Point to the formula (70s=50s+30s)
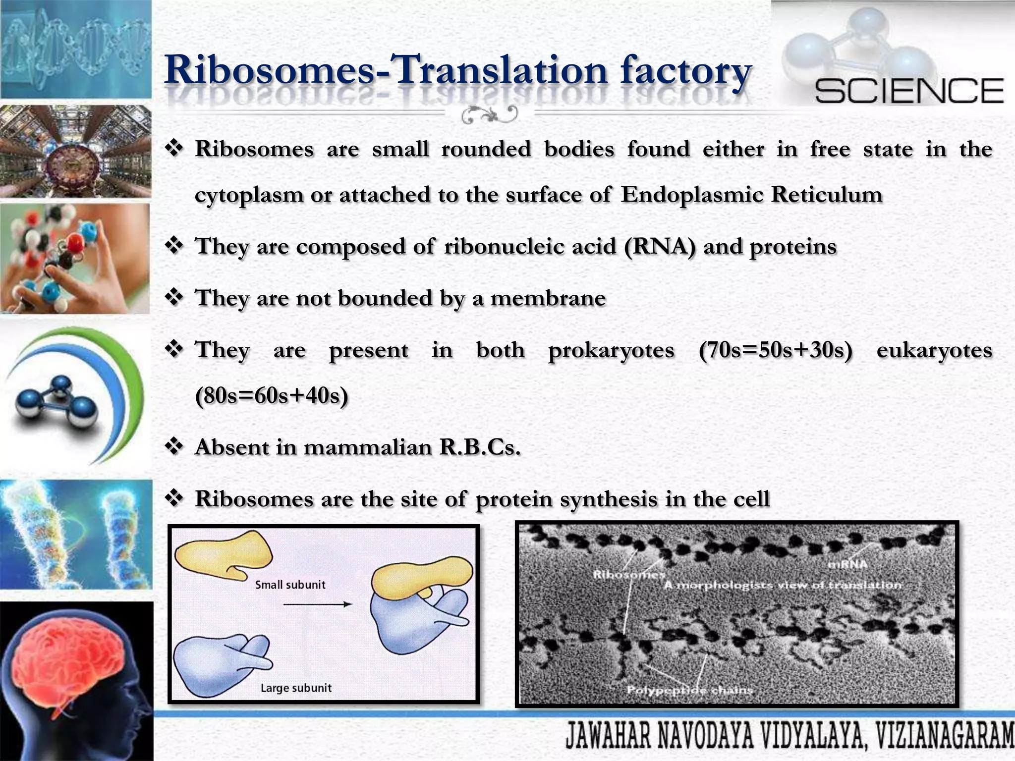[x=775, y=350]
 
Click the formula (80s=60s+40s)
[x=272, y=396]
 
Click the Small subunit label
[x=290, y=585]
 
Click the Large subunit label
[x=296, y=688]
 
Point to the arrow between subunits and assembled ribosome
[x=317, y=604]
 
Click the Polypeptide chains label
[x=689, y=690]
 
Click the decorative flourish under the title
[x=489, y=115]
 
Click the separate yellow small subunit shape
[x=223, y=554]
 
